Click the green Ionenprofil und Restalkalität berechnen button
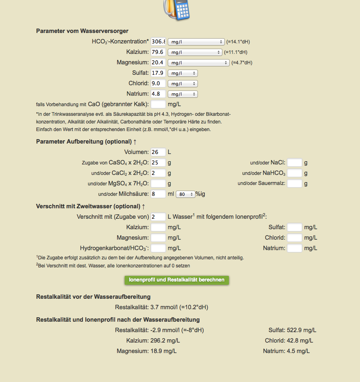177,280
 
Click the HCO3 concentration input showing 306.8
158,41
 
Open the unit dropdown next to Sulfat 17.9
183,73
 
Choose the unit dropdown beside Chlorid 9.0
183,83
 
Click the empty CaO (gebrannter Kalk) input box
158,104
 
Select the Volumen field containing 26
158,152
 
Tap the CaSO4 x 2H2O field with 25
158,162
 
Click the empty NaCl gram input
294,162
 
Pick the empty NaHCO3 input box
294,173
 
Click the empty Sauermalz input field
294,183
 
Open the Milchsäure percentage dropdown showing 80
185,194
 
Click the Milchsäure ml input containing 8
158,194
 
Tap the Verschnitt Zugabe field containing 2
158,217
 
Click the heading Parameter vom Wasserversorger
82,31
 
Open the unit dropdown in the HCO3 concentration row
196,41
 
